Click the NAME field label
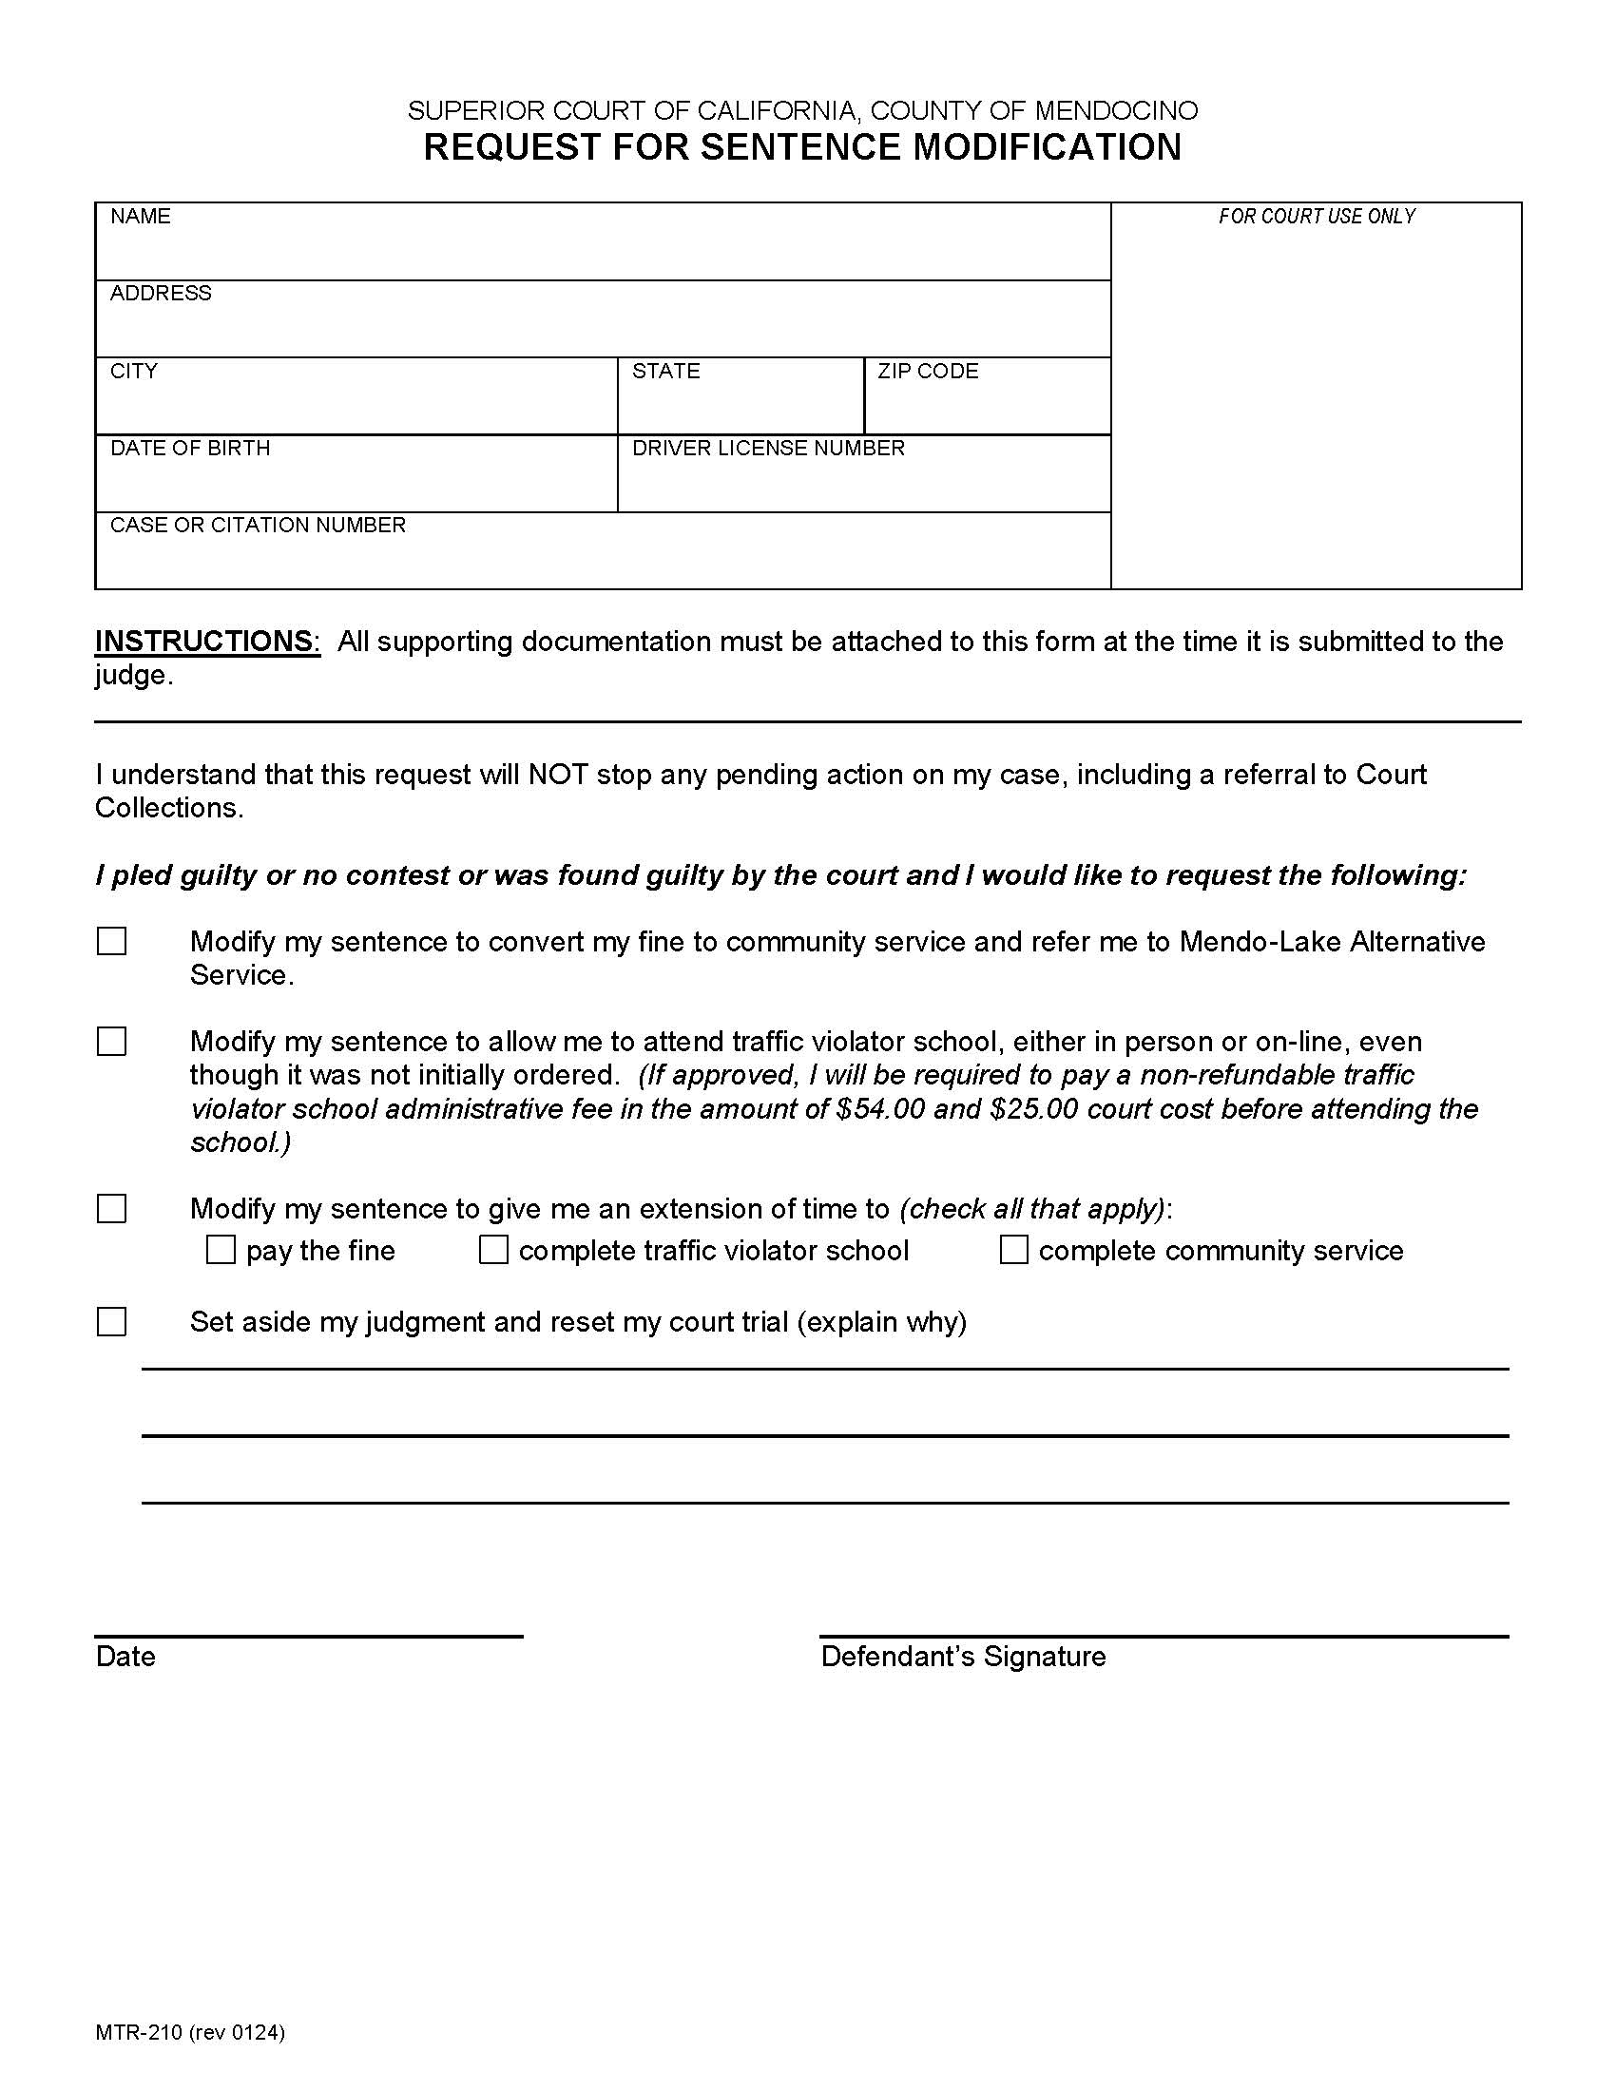pyautogui.click(x=140, y=217)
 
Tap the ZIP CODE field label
pyautogui.click(x=928, y=372)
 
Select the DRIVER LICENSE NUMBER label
pyautogui.click(x=768, y=448)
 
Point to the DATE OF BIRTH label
pyautogui.click(x=189, y=448)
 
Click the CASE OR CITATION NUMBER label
pyautogui.click(x=258, y=525)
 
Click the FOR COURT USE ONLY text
pyautogui.click(x=1317, y=217)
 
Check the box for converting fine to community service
pyautogui.click(x=112, y=941)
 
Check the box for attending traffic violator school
pyautogui.click(x=112, y=1041)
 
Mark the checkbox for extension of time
pyautogui.click(x=112, y=1208)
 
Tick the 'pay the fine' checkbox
pyautogui.click(x=221, y=1250)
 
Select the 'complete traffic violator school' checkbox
pyautogui.click(x=493, y=1250)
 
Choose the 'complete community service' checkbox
pyautogui.click(x=1014, y=1250)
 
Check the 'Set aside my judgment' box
pyautogui.click(x=112, y=1322)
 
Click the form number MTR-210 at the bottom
pyautogui.click(x=138, y=2033)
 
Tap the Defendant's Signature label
pyautogui.click(x=962, y=1657)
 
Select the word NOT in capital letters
pyautogui.click(x=557, y=774)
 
